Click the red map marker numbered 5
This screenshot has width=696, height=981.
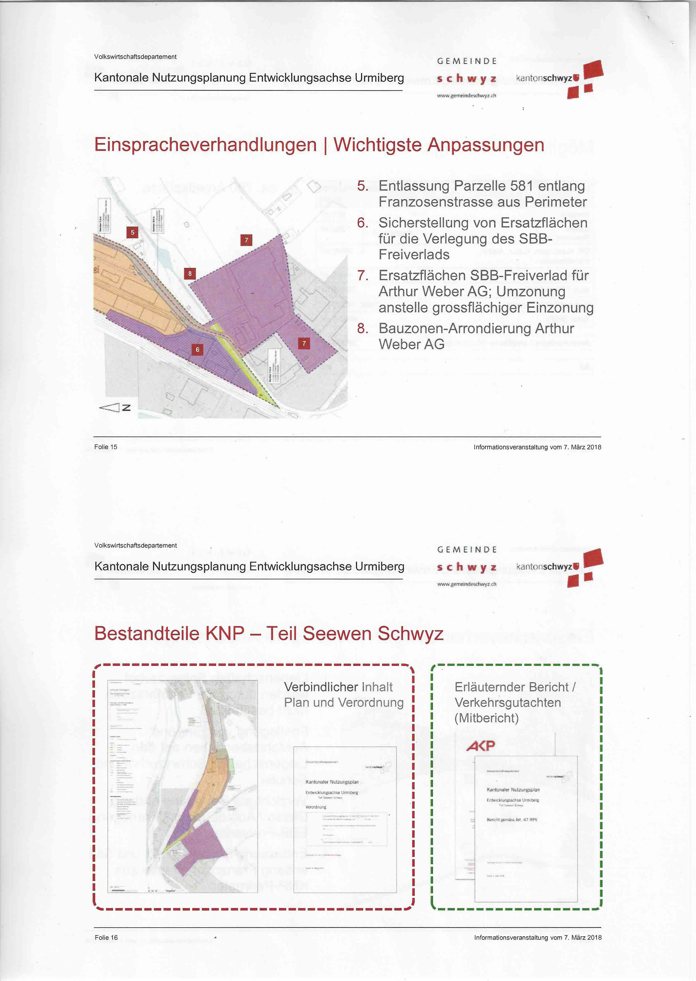point(132,232)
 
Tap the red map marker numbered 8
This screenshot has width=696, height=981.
point(190,273)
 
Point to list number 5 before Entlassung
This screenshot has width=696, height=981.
point(363,186)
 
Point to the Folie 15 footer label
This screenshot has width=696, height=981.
point(106,447)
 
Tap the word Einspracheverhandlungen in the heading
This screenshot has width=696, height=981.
point(205,145)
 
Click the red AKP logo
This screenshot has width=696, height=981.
point(480,746)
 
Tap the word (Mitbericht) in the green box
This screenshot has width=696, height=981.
point(486,718)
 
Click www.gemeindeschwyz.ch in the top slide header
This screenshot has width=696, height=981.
point(466,96)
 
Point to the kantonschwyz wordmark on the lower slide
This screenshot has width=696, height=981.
point(547,566)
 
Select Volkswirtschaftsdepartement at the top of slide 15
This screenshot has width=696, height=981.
point(135,57)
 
